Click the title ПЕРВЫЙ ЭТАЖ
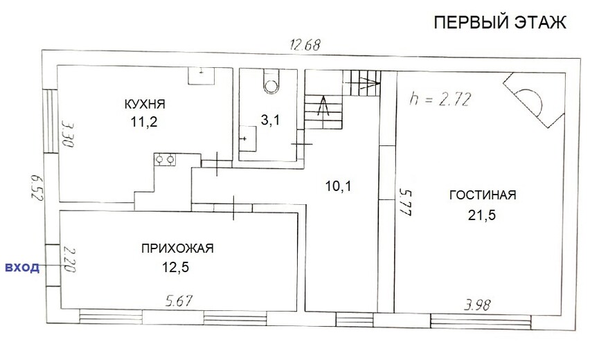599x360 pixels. point(500,23)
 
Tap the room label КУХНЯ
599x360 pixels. point(145,104)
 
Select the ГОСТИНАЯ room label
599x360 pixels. point(483,195)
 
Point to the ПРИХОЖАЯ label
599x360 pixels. point(178,249)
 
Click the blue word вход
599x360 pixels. point(22,267)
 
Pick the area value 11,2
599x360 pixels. point(144,122)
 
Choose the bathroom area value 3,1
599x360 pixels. point(270,120)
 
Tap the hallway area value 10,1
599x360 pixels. point(339,186)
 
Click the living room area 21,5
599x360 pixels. point(482,215)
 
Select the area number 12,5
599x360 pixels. point(176,267)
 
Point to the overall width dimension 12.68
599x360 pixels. point(305,45)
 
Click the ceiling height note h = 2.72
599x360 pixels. point(439,99)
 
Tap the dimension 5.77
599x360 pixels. point(405,202)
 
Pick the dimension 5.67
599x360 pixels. point(179,301)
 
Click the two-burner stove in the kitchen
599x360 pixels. point(165,159)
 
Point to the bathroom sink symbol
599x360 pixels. point(248,138)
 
